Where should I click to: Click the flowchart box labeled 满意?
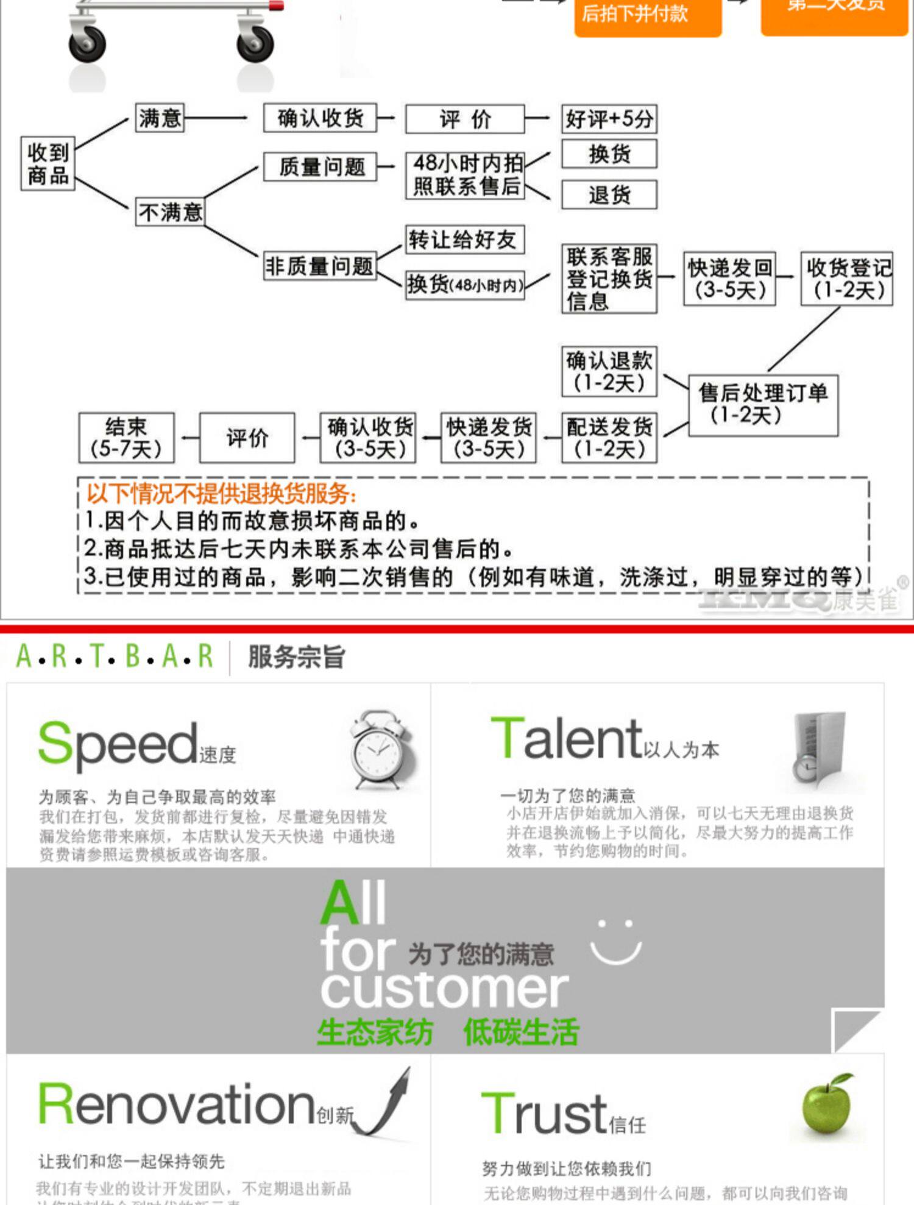tap(160, 118)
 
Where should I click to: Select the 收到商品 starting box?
tap(48, 164)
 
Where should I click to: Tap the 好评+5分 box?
tap(609, 119)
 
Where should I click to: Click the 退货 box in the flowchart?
tap(609, 195)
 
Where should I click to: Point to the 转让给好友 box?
tap(464, 240)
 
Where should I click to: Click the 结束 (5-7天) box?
tap(126, 438)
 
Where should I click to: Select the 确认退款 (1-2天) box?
tap(609, 372)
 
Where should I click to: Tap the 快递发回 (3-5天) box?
tap(729, 279)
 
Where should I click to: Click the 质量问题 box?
tap(321, 166)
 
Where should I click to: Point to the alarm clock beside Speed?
tap(381, 750)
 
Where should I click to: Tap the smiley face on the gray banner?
tap(616, 942)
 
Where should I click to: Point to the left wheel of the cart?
tap(87, 44)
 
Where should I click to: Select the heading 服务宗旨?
tap(296, 657)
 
